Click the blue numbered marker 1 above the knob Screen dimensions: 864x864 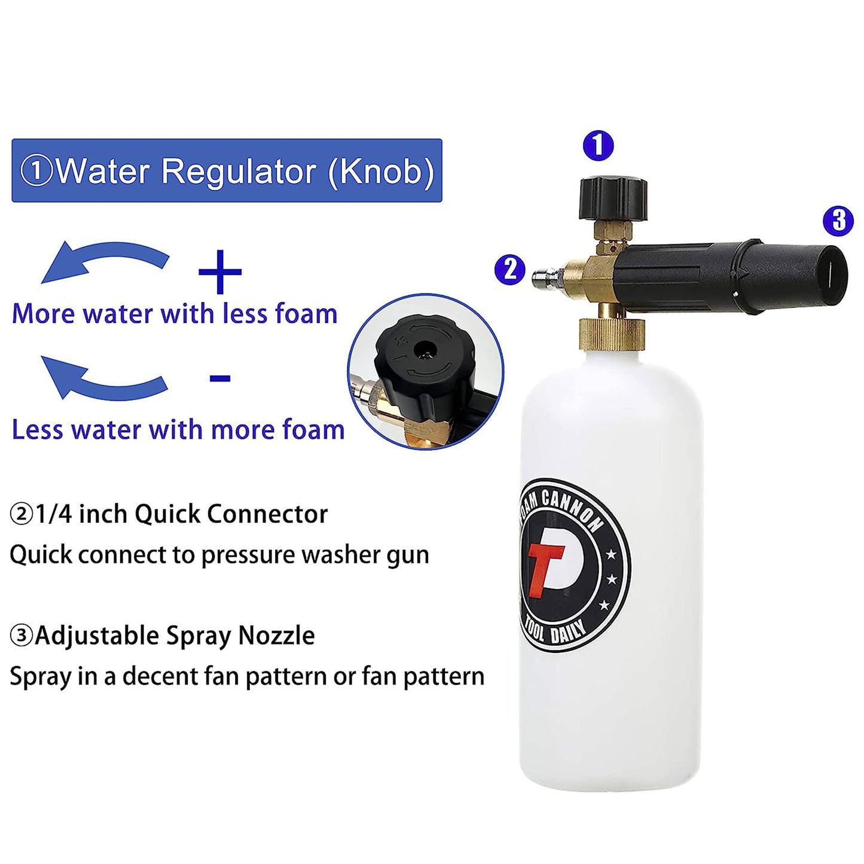[x=598, y=145]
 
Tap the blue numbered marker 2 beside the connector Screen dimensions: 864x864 [x=510, y=270]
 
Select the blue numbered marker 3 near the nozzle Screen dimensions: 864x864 [x=838, y=221]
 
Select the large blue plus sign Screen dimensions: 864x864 [x=219, y=271]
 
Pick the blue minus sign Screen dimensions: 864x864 [x=220, y=378]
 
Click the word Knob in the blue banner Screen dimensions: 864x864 [x=380, y=170]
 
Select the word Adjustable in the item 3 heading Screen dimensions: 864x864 [x=96, y=636]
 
